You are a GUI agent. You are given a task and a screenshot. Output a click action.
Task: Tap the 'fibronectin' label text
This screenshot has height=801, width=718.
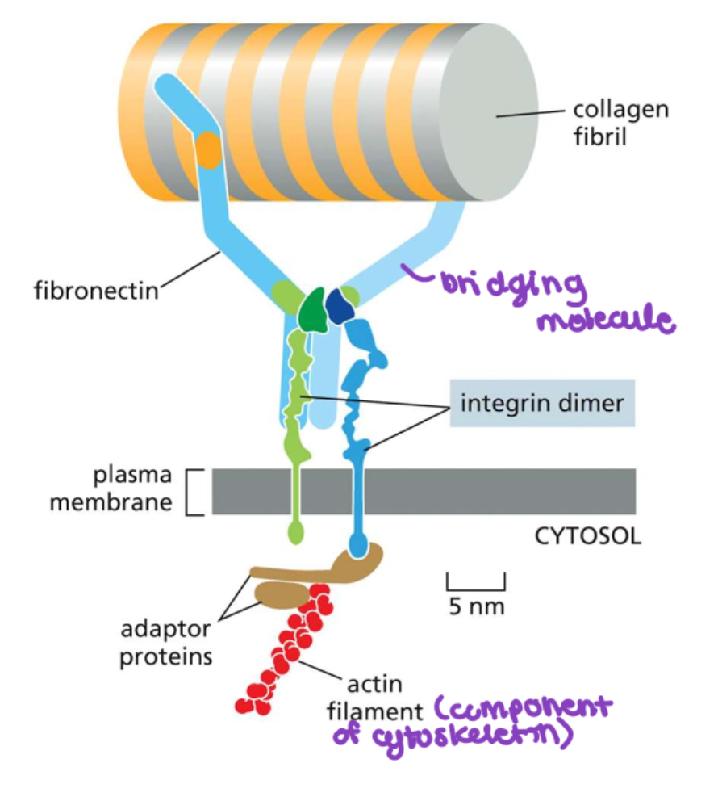click(96, 289)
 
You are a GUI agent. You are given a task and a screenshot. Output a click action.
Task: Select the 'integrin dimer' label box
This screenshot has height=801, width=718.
click(542, 402)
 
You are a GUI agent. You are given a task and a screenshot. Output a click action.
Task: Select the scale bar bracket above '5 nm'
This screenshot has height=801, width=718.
click(475, 583)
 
